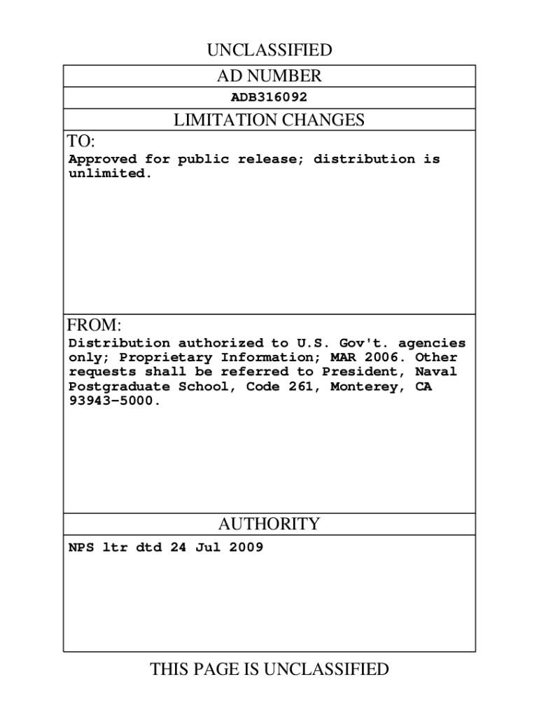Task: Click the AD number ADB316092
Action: point(269,97)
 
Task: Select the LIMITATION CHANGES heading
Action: point(269,120)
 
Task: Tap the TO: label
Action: point(80,141)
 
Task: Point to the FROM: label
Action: point(94,326)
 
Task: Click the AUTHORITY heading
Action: point(269,524)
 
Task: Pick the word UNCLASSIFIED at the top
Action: point(269,50)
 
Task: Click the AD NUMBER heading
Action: point(269,76)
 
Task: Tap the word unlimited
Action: point(109,174)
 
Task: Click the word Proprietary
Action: point(162,357)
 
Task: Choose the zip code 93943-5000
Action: point(113,401)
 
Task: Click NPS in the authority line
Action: point(80,548)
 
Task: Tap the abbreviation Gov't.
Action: point(363,343)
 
